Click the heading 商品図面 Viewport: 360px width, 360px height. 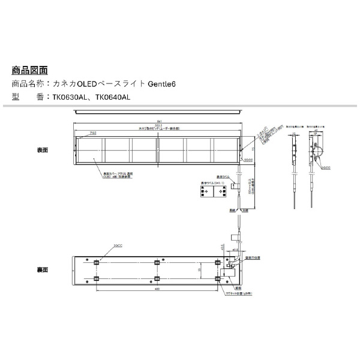click(29, 70)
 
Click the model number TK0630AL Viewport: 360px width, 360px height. click(70, 96)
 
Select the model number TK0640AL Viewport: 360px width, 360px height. click(113, 96)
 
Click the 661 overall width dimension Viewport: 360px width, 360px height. click(158, 120)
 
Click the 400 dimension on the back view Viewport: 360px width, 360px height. click(157, 290)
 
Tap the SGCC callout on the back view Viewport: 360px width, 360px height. click(118, 245)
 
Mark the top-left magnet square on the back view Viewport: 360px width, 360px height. click(97, 263)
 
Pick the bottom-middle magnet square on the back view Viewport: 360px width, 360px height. click(157, 279)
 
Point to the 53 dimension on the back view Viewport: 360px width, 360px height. click(200, 271)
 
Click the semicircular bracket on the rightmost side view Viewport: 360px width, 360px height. click(319, 155)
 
